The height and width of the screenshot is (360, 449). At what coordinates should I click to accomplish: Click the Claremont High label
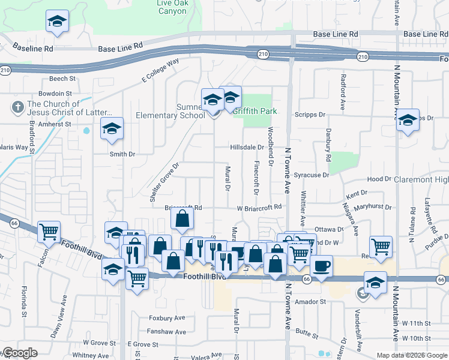click(421, 179)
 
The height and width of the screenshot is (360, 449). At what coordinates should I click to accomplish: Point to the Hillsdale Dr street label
click(247, 147)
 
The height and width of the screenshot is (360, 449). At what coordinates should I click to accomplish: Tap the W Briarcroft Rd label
click(259, 208)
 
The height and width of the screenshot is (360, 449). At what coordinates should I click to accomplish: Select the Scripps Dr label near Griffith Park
click(310, 114)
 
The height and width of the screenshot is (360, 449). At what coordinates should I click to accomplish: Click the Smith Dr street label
click(122, 154)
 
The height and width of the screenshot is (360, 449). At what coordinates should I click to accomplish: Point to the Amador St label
click(309, 301)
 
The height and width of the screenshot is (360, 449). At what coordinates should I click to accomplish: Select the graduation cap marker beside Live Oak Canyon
click(57, 22)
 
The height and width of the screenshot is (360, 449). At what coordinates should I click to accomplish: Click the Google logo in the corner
click(20, 353)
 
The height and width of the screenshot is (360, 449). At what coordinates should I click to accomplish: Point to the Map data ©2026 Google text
click(411, 355)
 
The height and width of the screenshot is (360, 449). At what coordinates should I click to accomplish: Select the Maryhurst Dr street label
click(373, 208)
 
